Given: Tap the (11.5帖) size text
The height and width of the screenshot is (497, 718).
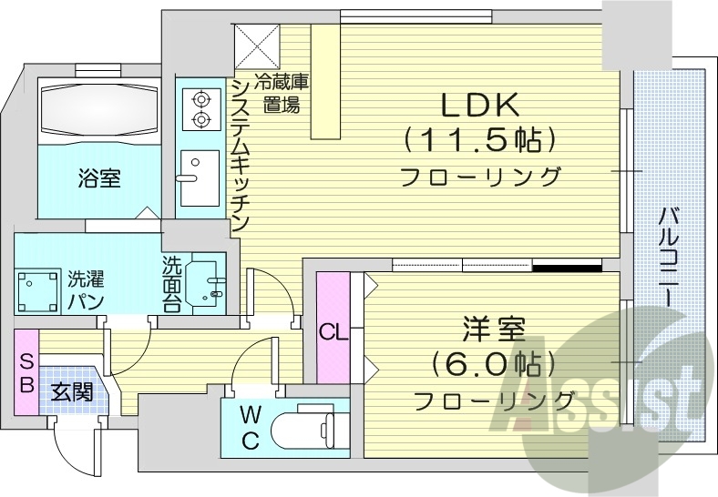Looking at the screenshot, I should coord(479,141).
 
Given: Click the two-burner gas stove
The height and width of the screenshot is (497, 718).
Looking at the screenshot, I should coord(198,109).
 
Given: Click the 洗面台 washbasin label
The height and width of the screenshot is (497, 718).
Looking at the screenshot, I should coord(172,284).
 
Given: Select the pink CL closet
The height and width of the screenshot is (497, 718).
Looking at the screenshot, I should coord(333,329).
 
